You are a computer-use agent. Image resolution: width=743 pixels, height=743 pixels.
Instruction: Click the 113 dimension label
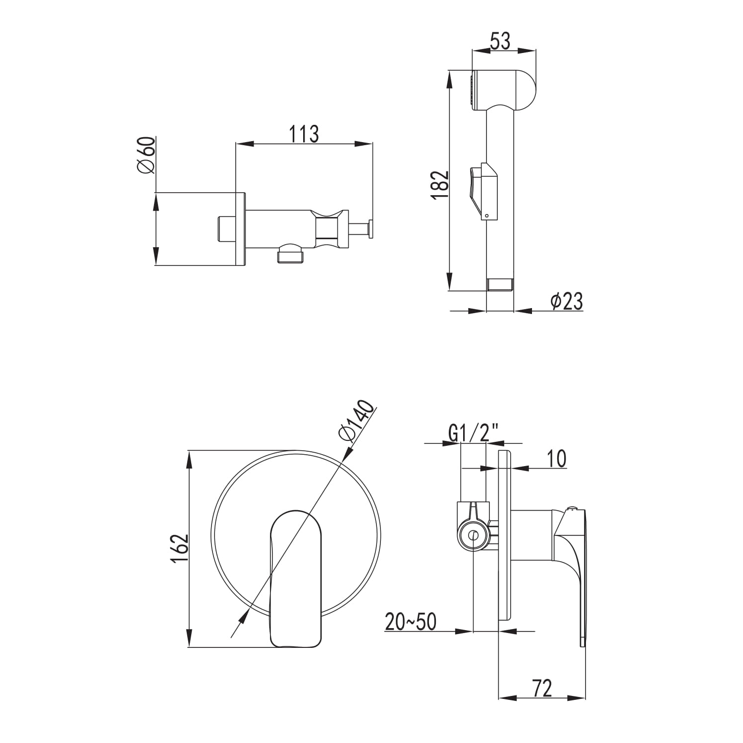coord(304,134)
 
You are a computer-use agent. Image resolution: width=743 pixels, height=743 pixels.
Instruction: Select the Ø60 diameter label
coord(147,155)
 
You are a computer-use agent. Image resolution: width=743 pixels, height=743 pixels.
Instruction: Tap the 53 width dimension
coord(500,41)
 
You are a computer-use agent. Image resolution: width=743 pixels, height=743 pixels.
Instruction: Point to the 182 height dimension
coord(440,185)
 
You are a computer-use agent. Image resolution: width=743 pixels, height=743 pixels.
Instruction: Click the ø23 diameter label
coord(567,301)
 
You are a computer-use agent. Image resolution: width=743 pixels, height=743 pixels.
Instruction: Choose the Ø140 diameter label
coord(357,421)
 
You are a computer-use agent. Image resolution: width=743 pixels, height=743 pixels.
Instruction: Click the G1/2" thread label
coord(473,434)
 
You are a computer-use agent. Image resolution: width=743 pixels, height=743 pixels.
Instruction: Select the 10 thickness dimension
coord(557,459)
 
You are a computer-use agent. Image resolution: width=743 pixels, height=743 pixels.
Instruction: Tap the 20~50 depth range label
coord(411,622)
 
